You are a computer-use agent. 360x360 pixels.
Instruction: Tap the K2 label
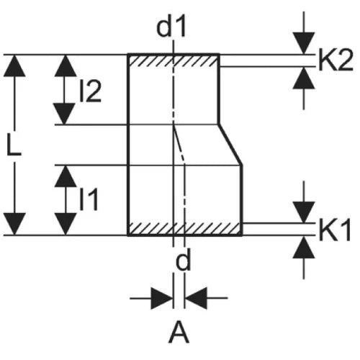tap(336, 60)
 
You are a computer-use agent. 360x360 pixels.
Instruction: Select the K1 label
tap(335, 230)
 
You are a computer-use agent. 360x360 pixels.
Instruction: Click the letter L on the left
tap(14, 145)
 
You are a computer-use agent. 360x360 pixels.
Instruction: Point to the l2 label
tap(90, 91)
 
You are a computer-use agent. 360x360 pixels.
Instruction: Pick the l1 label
tap(89, 199)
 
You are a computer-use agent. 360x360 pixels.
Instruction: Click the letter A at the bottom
tap(179, 333)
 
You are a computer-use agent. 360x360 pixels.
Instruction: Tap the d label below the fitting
tap(183, 259)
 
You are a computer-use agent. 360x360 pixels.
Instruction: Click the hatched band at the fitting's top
tap(174, 60)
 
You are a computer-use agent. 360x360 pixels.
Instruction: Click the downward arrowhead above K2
tap(304, 43)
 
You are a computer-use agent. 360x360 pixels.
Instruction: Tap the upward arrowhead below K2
tap(304, 78)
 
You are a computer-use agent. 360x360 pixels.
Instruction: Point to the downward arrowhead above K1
tap(304, 212)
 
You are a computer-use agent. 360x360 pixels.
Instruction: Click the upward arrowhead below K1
tap(304, 247)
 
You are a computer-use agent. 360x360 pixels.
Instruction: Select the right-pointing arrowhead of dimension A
tap(162, 298)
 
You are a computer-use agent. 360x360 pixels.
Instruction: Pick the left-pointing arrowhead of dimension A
tap(196, 298)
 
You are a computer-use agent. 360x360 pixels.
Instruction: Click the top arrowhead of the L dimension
tap(14, 66)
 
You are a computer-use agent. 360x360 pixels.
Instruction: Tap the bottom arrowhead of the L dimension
tap(14, 224)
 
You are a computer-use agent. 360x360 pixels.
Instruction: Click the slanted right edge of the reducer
tap(230, 145)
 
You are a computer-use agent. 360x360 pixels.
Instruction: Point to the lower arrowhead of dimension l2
tap(64, 114)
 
